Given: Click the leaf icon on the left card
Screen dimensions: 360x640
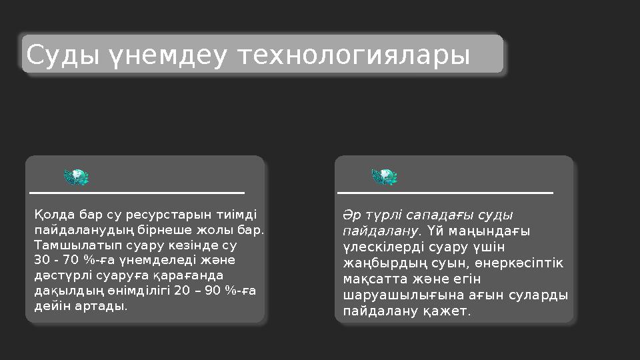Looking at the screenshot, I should point(76,177).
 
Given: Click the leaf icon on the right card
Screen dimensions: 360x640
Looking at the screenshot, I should point(384,177).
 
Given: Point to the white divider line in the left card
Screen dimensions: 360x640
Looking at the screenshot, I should point(137,193).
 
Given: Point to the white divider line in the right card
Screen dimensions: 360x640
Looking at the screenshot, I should point(445,193).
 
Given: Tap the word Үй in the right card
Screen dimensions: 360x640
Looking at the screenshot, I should point(434,231).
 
